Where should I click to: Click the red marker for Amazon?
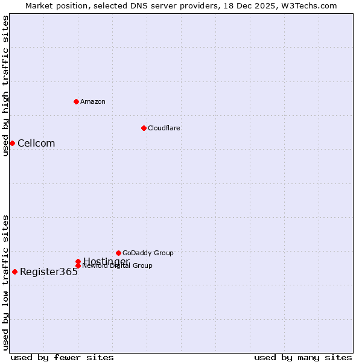76,101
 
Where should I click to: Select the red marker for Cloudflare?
144,128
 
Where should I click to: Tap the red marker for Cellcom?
12,143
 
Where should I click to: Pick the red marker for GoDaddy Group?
118,253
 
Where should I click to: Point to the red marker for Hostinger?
78,261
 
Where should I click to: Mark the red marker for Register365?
14,271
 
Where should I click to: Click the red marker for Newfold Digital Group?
78,266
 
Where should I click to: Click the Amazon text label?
93,101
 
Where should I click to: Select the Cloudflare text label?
164,128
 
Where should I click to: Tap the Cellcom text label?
36,143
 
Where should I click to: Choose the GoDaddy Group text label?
148,253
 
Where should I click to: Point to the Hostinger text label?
106,261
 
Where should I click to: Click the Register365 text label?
49,271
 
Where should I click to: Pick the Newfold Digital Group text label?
118,266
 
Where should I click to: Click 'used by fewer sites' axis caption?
62,357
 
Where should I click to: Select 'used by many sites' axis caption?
303,357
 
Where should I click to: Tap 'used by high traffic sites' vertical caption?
5,86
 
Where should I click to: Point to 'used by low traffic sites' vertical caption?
5,282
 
